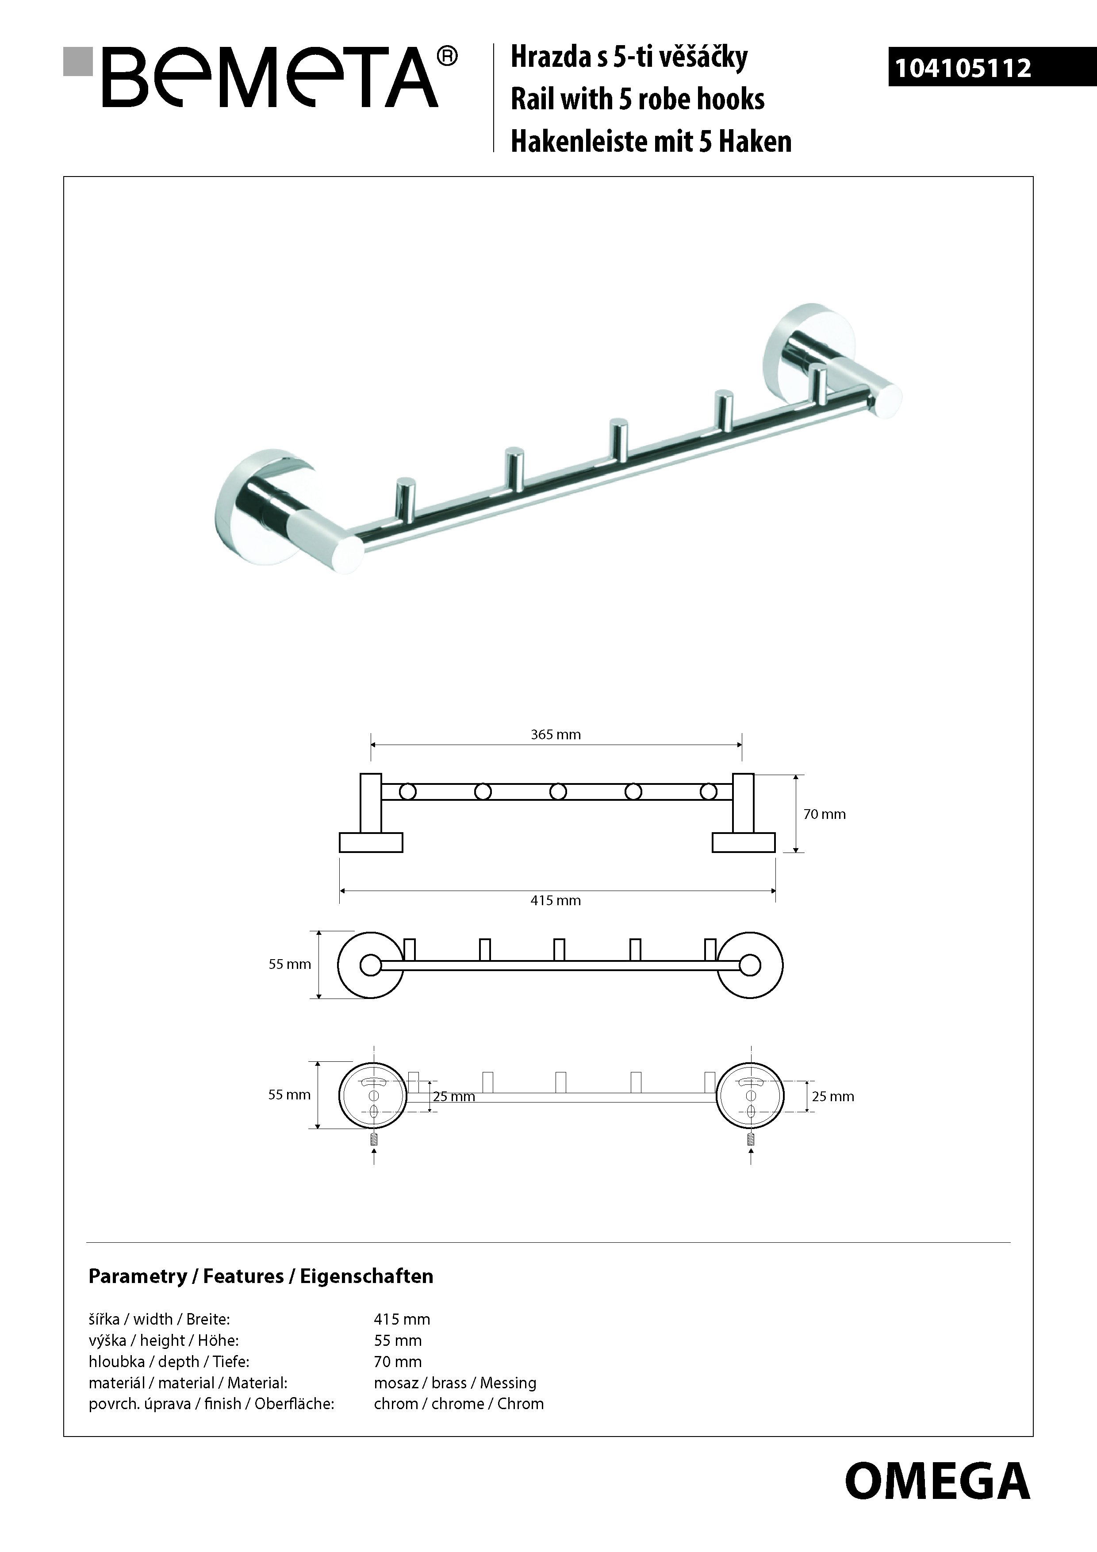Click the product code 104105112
963,68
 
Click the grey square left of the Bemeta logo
77,61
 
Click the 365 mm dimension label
556,735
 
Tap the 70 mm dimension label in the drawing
824,814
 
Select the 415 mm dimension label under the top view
556,900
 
